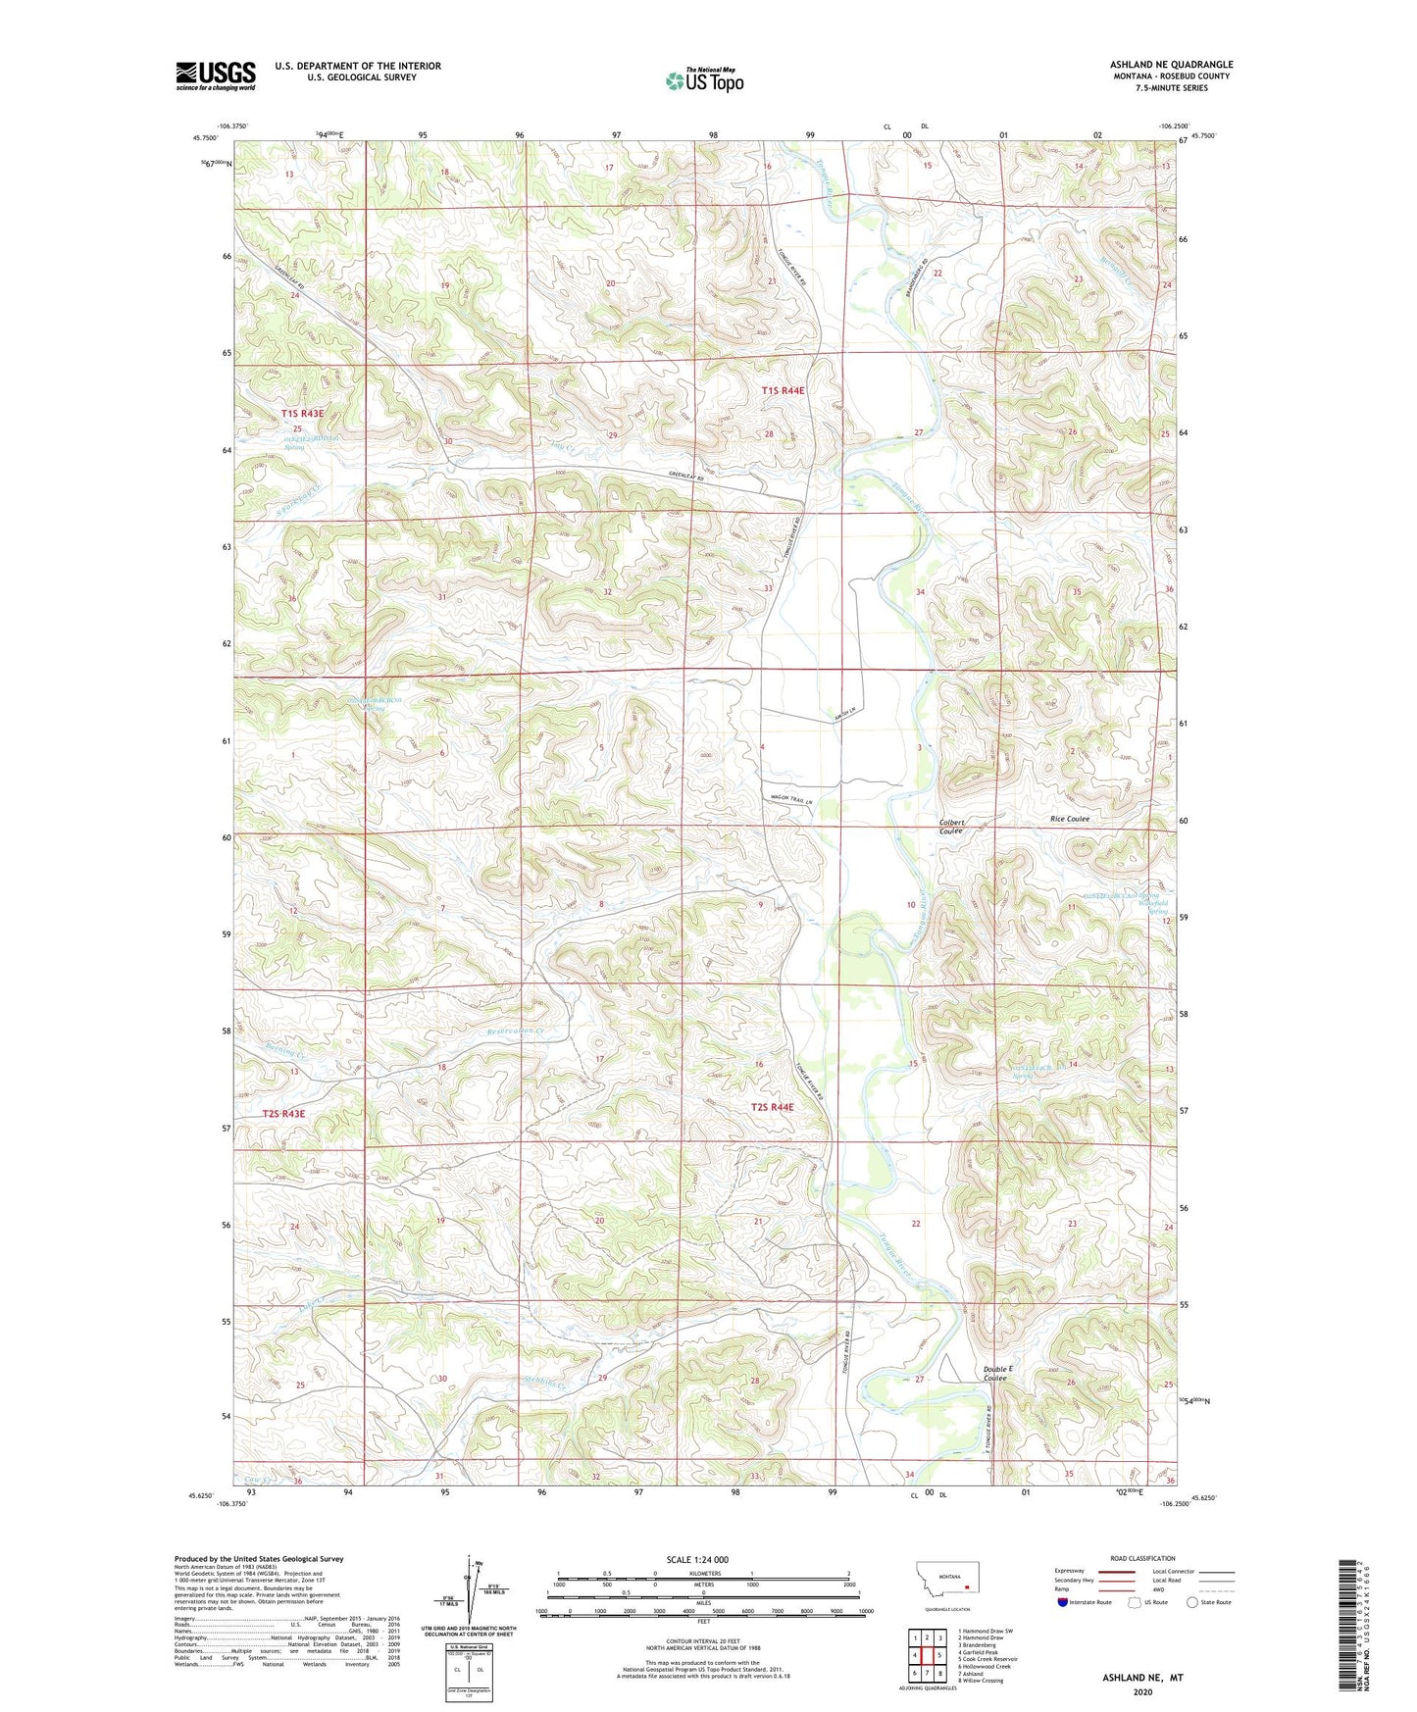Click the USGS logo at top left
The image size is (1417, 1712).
216,76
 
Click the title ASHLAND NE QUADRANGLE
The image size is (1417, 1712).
1171,64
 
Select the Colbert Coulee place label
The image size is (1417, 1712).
951,827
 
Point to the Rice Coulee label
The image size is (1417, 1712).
1070,819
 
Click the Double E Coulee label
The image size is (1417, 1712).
997,1373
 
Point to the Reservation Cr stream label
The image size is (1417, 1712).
515,1032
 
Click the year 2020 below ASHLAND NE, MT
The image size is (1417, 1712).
1141,1691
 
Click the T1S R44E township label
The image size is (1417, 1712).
783,391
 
